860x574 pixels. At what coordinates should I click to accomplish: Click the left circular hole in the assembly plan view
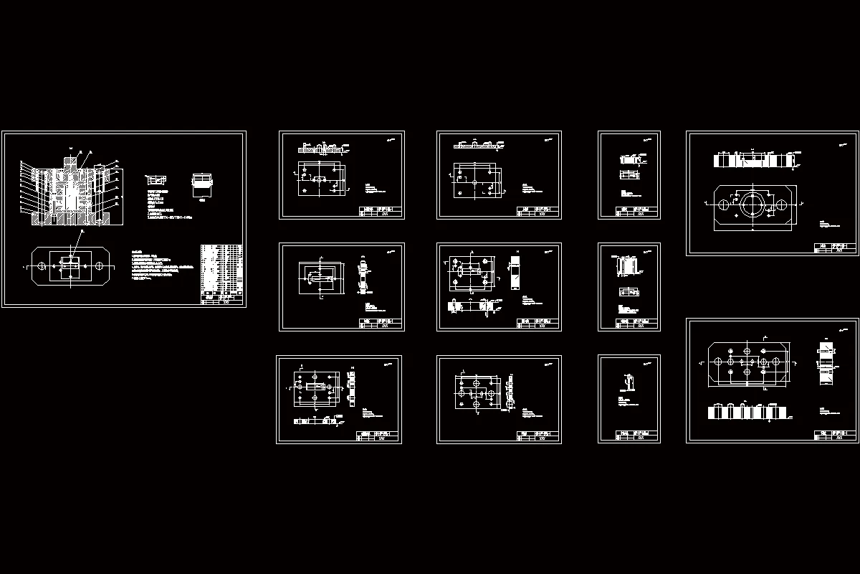(42, 266)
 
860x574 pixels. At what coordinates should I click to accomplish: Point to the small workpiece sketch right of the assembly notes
(204, 184)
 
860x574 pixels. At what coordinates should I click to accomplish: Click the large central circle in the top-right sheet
(752, 204)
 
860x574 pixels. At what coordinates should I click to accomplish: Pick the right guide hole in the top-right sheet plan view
(782, 204)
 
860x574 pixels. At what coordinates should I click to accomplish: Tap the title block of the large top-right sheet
(835, 248)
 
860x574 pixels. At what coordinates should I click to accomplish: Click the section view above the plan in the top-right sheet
(752, 160)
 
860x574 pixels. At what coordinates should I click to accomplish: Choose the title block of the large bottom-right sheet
(835, 436)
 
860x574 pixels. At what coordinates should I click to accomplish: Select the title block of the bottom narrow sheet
(637, 436)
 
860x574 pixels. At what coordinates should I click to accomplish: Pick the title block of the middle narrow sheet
(637, 324)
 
